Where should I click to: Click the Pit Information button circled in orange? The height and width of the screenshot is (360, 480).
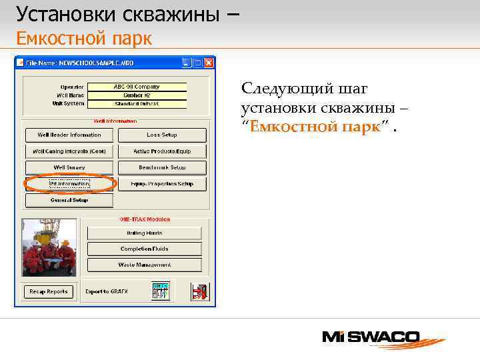pyautogui.click(x=69, y=184)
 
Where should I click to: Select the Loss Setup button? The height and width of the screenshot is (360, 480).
pyautogui.click(x=162, y=135)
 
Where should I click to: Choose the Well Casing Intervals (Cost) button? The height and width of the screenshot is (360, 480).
pyautogui.click(x=69, y=151)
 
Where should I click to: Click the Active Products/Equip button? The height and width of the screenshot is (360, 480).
pyautogui.click(x=162, y=151)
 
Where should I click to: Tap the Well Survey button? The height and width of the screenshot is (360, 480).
pyautogui.click(x=69, y=167)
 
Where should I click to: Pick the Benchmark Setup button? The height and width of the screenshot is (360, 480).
pyautogui.click(x=162, y=167)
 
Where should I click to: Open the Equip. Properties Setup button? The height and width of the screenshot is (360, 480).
pyautogui.click(x=162, y=184)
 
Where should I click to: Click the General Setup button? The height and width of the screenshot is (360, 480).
pyautogui.click(x=69, y=200)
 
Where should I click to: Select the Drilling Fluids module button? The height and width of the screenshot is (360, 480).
pyautogui.click(x=144, y=233)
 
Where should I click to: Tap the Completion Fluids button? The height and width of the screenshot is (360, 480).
pyautogui.click(x=144, y=249)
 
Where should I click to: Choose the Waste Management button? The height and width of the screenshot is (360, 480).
pyautogui.click(x=144, y=265)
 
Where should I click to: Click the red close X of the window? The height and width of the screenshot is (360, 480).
pyautogui.click(x=209, y=63)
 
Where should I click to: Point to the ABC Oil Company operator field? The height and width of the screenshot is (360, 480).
pyautogui.click(x=137, y=87)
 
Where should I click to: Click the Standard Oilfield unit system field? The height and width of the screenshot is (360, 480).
pyautogui.click(x=137, y=104)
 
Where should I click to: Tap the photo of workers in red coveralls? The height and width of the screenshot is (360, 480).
pyautogui.click(x=49, y=247)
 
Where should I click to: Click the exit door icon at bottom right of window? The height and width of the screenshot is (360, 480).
pyautogui.click(x=199, y=291)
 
